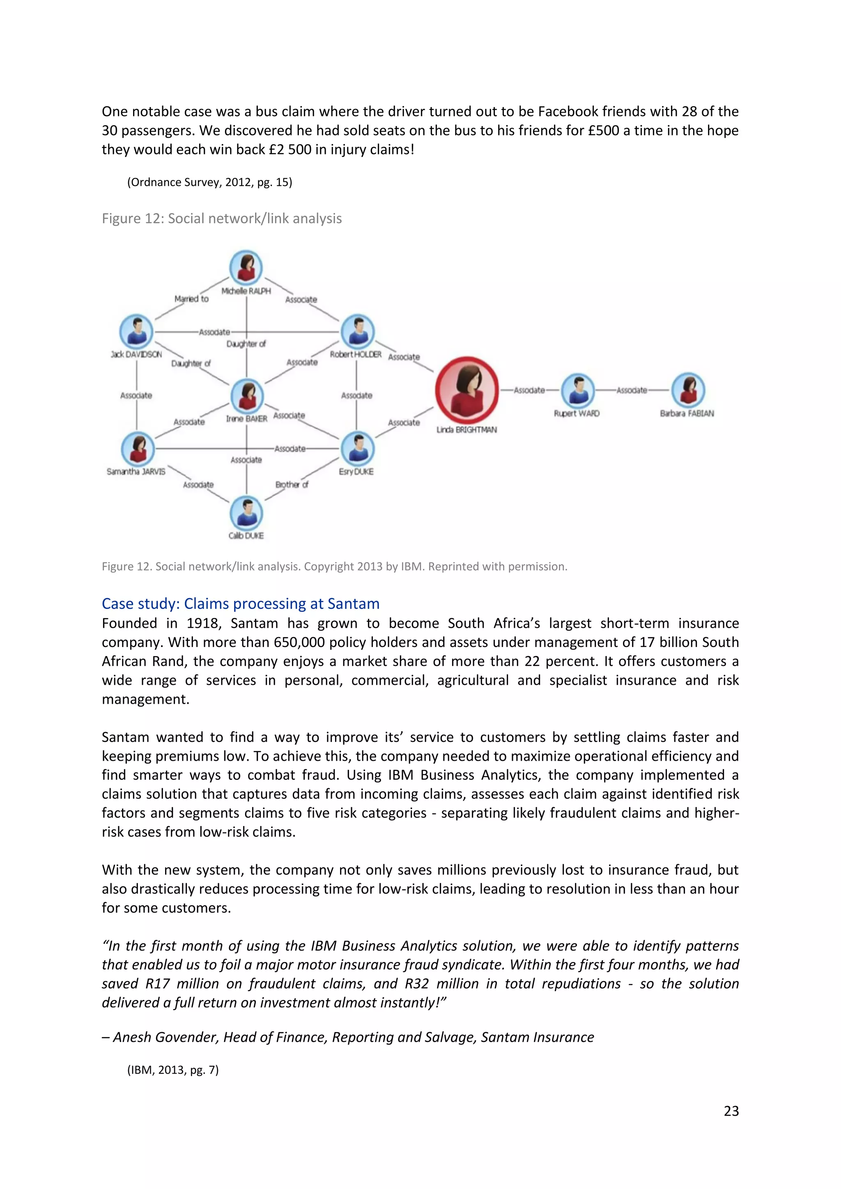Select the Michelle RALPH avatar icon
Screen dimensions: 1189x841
pyautogui.click(x=246, y=267)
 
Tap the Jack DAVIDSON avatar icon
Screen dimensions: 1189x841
pyautogui.click(x=136, y=331)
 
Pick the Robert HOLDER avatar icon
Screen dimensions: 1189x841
pyautogui.click(x=357, y=331)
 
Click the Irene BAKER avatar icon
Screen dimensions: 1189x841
pyautogui.click(x=247, y=395)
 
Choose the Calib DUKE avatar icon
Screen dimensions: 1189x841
pyautogui.click(x=246, y=513)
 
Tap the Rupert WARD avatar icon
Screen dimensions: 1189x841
pyautogui.click(x=578, y=390)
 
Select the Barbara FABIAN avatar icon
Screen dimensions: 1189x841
pyautogui.click(x=688, y=390)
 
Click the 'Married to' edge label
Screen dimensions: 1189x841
pyautogui.click(x=191, y=299)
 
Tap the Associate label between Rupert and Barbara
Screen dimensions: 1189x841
pyautogui.click(x=632, y=390)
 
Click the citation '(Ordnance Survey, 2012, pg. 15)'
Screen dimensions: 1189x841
pyautogui.click(x=210, y=182)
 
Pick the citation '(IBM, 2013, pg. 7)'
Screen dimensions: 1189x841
pyautogui.click(x=173, y=1070)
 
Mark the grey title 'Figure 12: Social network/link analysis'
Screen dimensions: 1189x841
pyautogui.click(x=222, y=218)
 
